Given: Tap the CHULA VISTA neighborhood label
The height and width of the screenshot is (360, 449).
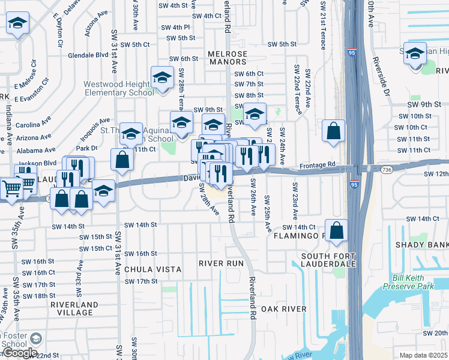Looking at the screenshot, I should [153, 269].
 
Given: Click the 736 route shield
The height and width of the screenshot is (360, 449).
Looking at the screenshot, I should [388, 170].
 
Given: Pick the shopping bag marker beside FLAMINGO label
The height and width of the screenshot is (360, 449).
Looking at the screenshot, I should [337, 230].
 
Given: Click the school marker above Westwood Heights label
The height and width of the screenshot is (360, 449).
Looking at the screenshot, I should [161, 78].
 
